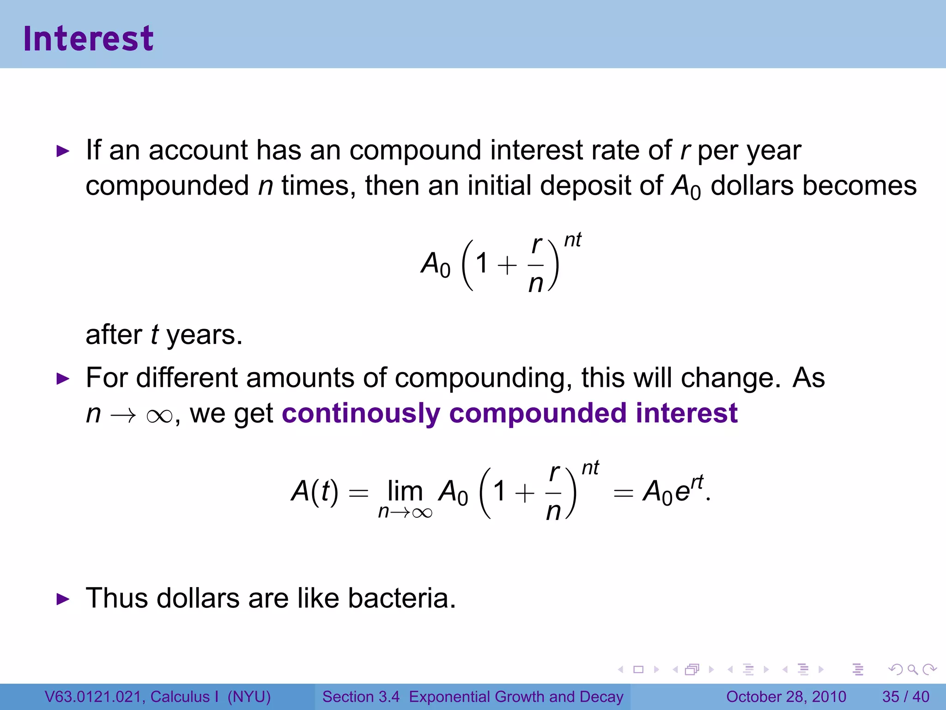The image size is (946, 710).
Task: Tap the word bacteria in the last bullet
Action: [401, 598]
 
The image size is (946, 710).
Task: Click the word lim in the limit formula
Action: [405, 491]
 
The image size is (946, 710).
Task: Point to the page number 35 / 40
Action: [905, 697]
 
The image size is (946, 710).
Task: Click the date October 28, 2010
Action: [786, 697]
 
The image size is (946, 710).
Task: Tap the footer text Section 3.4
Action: [361, 697]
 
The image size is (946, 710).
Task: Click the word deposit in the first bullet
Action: [586, 186]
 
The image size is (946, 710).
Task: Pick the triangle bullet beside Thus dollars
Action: [62, 600]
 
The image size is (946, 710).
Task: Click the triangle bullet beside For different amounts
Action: [62, 379]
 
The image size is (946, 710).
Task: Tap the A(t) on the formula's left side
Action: [315, 491]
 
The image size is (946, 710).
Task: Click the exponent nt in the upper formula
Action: [573, 240]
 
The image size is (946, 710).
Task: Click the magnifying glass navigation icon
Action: [912, 669]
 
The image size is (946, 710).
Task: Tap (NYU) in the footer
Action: [249, 697]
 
